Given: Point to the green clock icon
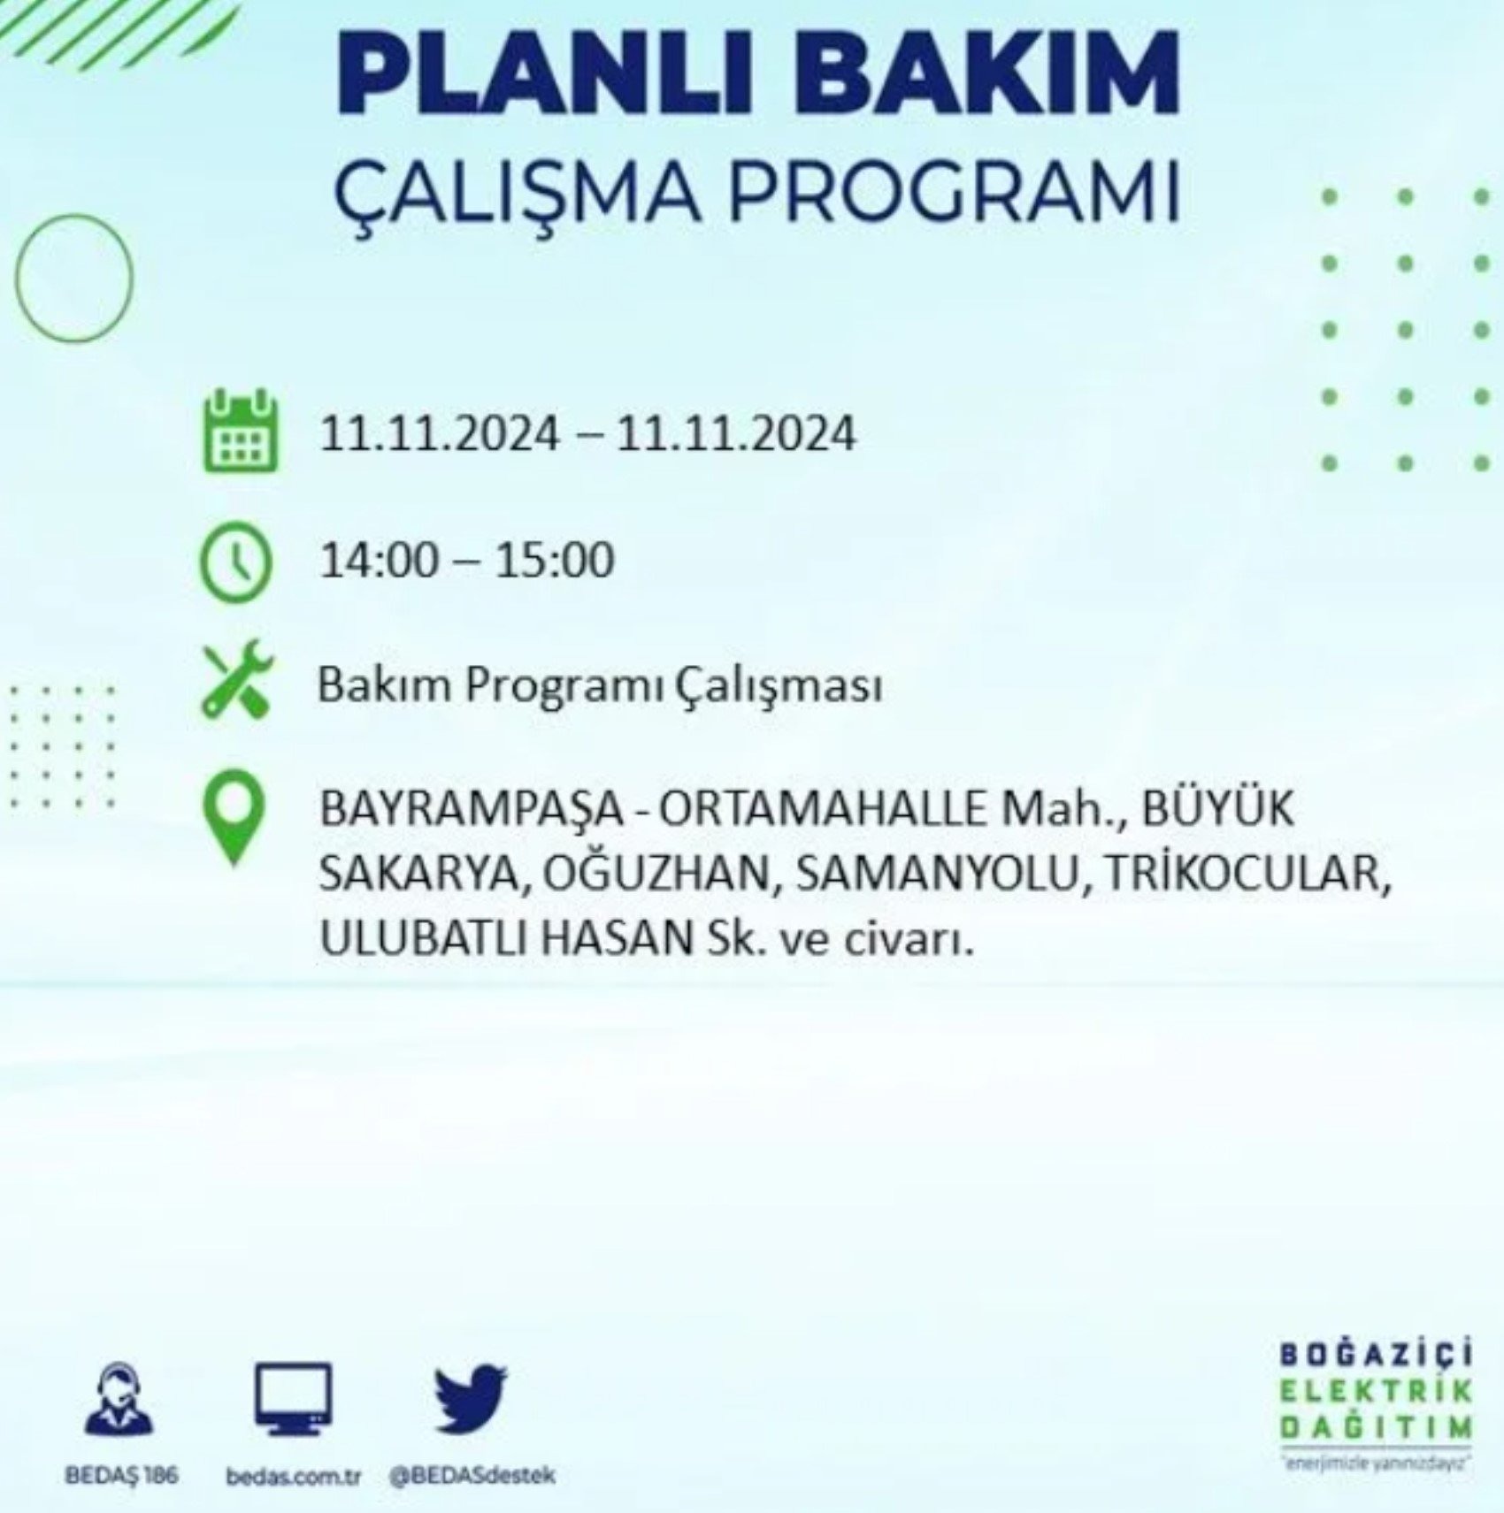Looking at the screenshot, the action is coord(236,562).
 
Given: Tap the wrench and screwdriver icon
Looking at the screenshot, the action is coord(237,679).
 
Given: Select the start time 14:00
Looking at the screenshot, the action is coord(378,561).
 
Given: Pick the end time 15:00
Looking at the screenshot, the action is coord(554,561).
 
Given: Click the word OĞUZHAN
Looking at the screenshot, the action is coord(656,873).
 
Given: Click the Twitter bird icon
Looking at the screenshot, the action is coord(471,1400).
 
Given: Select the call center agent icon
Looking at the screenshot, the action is coord(119,1398).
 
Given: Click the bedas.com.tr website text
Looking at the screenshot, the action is coord(294,1477).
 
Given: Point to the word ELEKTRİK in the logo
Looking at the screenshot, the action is coord(1377,1391).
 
